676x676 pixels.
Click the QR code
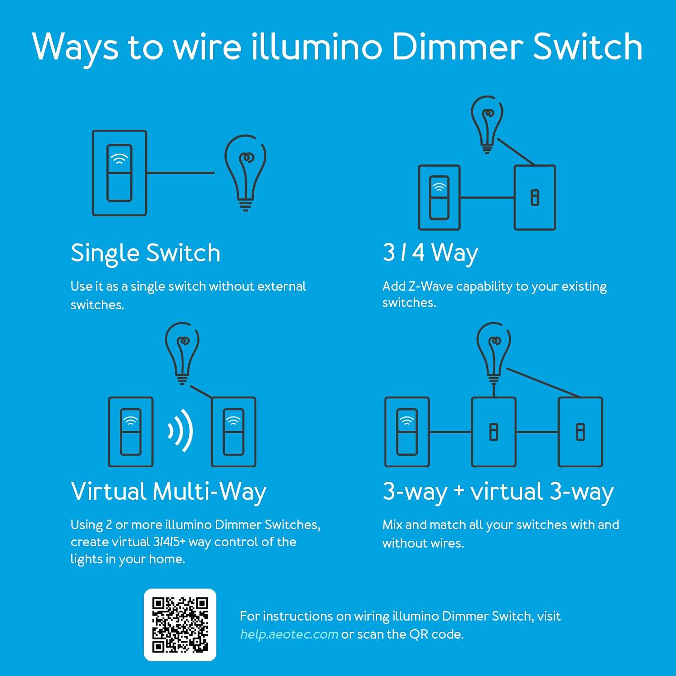(180, 625)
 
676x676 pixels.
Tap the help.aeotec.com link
(289, 634)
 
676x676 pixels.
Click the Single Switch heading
(146, 253)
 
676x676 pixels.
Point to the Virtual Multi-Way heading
(169, 491)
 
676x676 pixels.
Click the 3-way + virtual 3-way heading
(498, 491)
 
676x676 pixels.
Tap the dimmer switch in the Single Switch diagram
(119, 173)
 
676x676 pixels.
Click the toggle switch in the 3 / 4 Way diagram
(535, 197)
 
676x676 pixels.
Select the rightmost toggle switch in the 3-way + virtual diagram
(580, 432)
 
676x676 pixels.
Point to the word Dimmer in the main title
(457, 47)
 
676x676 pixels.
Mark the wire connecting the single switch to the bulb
(180, 173)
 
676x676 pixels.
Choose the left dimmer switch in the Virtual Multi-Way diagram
(131, 432)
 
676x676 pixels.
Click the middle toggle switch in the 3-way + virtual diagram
(493, 432)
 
